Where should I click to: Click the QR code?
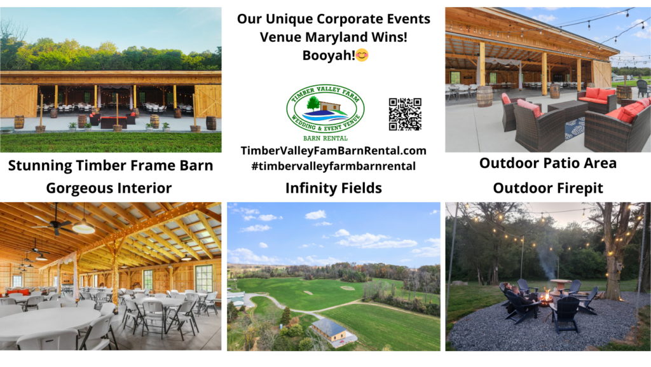[x=405, y=114]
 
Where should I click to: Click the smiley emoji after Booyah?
[x=362, y=55]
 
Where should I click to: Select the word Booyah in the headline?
[x=327, y=55]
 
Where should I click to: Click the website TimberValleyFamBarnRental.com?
[x=333, y=151]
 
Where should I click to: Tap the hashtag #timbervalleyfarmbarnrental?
[x=333, y=166]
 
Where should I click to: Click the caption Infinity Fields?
[x=333, y=188]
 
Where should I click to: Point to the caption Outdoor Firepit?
[x=547, y=188]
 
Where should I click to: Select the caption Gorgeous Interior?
[x=109, y=188]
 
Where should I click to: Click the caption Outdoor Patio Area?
[x=547, y=163]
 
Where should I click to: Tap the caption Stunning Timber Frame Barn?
[x=110, y=166]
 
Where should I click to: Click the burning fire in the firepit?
[x=545, y=296]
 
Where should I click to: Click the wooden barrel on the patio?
[x=484, y=96]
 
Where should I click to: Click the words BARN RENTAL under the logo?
[x=325, y=137]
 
